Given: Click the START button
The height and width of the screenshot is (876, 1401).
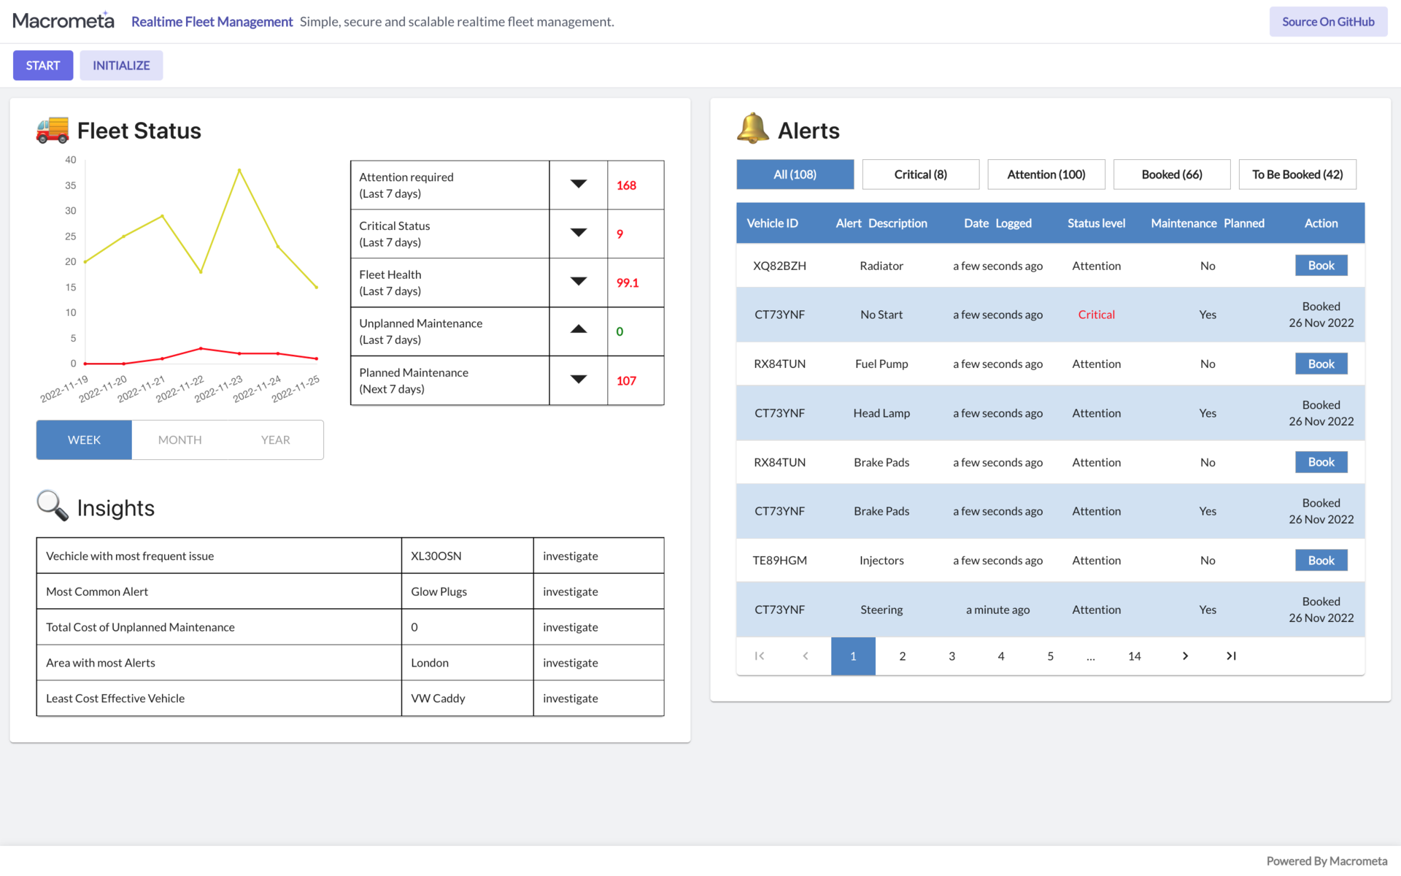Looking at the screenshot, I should [x=43, y=66].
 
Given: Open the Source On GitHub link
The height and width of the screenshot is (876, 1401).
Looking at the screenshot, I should [x=1328, y=22].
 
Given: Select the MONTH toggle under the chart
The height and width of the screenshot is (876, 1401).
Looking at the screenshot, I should [x=180, y=439].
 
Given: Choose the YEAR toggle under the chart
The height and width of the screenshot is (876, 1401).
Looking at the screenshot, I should [x=275, y=439].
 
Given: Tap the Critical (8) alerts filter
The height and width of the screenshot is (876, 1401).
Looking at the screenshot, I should [x=920, y=174].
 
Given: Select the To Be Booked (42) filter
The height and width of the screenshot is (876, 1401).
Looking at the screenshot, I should [x=1297, y=174].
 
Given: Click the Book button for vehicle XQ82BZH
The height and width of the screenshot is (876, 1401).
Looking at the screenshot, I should [x=1321, y=266].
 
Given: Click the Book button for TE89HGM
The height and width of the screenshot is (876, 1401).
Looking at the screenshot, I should [x=1321, y=561].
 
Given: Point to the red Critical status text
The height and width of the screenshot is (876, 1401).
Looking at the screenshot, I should [x=1096, y=315].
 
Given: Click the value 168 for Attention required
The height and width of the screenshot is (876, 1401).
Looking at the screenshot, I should [x=626, y=185].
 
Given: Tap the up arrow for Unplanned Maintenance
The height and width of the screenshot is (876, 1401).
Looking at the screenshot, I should [x=579, y=330].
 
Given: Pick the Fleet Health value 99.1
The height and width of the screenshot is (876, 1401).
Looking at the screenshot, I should [x=628, y=283].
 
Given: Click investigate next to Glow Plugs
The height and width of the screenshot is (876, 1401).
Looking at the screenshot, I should [x=570, y=591].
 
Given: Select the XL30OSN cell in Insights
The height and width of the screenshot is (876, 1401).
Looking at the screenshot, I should [x=436, y=556].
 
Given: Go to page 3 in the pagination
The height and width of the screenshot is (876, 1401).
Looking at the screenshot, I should [x=952, y=656].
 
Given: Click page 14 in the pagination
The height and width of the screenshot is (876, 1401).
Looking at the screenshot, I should [x=1134, y=656].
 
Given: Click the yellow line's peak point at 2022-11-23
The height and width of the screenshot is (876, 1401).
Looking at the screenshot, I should [x=239, y=170].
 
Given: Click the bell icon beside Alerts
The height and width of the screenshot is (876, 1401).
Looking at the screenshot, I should [x=752, y=129].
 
